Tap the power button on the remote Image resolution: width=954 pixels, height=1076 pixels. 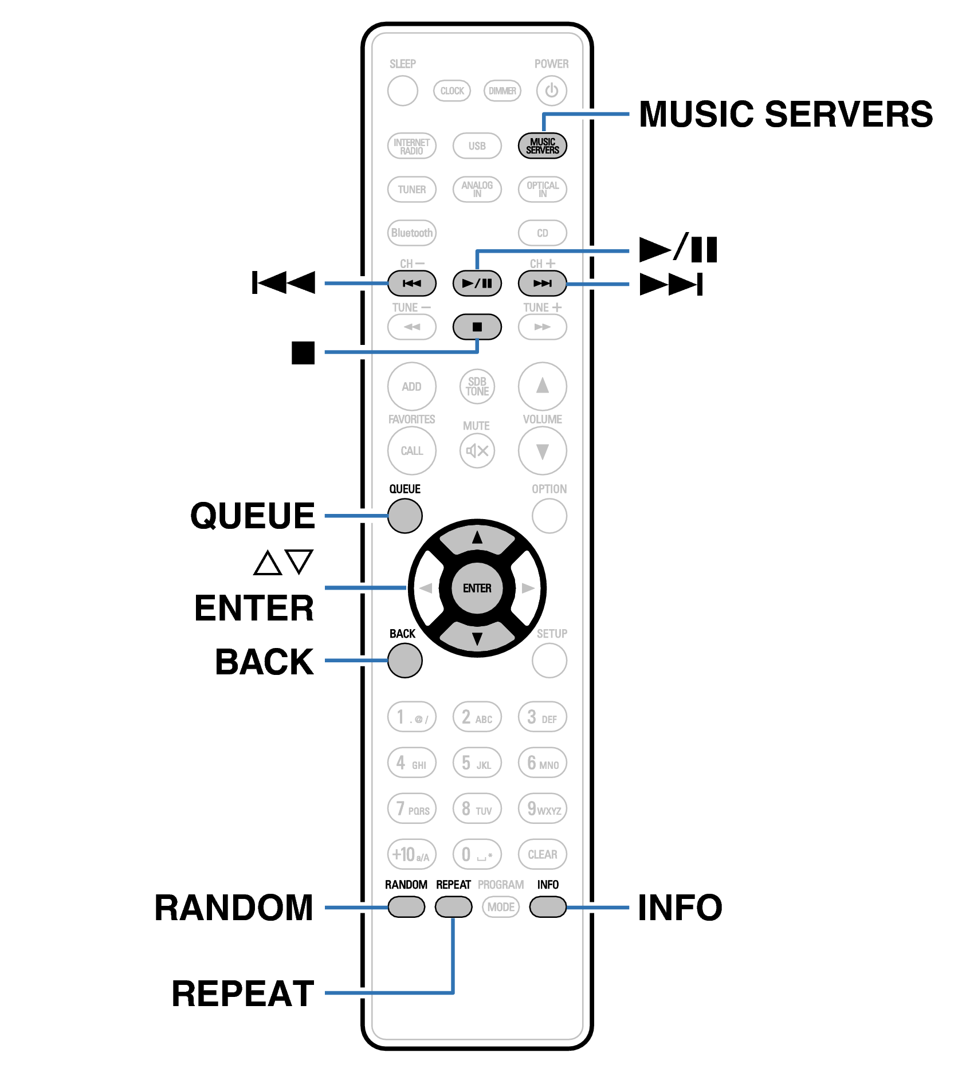[551, 91]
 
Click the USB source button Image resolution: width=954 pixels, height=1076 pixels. [477, 146]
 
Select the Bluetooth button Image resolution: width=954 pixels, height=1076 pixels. [411, 233]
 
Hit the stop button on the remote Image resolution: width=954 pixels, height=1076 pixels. [477, 327]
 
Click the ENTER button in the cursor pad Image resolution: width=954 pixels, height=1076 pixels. [477, 588]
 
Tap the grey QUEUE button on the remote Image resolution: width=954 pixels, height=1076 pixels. [405, 516]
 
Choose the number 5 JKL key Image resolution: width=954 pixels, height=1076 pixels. [477, 763]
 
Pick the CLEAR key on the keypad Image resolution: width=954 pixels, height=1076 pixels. [542, 854]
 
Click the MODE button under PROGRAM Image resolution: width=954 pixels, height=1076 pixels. [501, 907]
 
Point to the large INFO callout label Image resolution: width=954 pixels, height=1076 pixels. [680, 908]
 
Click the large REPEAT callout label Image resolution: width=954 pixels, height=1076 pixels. [243, 993]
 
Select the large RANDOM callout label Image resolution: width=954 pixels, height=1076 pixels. [234, 908]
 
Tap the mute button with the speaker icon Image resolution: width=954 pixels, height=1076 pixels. [477, 451]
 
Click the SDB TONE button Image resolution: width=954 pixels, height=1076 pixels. [477, 387]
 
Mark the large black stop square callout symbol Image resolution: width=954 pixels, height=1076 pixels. [303, 352]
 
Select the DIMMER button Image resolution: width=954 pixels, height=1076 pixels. [502, 91]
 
